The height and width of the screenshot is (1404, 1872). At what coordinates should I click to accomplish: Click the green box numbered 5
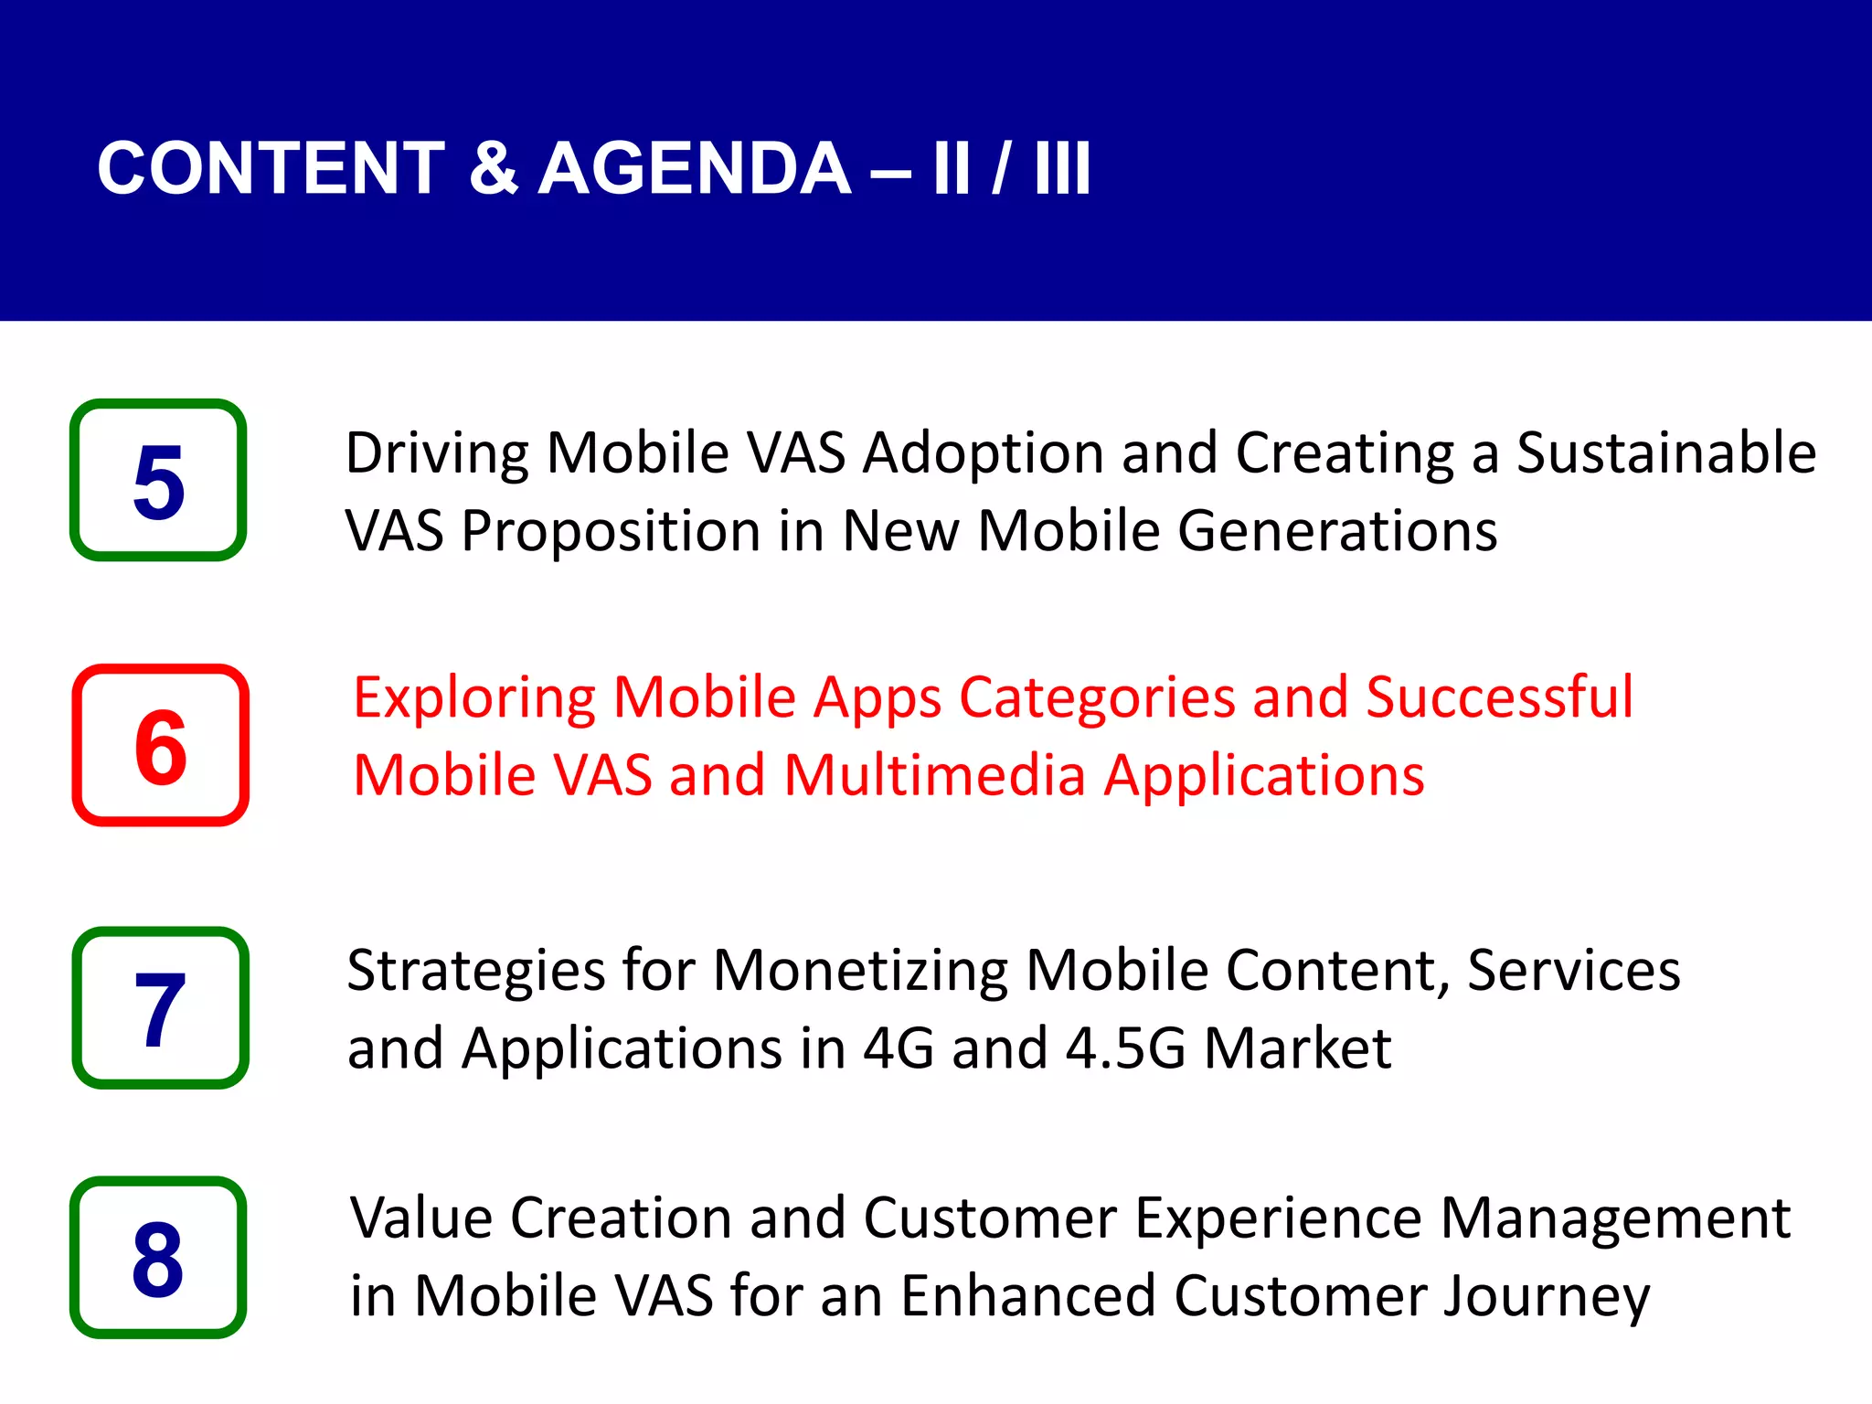click(x=158, y=480)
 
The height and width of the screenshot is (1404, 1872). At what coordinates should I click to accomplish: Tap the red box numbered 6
click(x=161, y=745)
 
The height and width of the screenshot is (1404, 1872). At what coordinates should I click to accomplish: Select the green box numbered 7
click(x=161, y=1007)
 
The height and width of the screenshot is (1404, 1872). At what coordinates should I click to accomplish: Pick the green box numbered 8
click(x=158, y=1257)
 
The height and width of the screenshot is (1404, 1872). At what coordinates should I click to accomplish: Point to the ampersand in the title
click(x=493, y=169)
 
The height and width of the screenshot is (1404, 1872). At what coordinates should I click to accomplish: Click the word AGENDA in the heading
click(x=695, y=169)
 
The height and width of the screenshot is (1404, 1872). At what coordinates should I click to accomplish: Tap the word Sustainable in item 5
click(x=1665, y=452)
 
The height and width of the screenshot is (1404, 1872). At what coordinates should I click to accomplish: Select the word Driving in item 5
click(x=437, y=454)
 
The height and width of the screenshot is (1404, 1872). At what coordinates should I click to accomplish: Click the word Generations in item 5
click(x=1337, y=531)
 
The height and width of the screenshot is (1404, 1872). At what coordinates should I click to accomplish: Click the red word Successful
click(x=1499, y=697)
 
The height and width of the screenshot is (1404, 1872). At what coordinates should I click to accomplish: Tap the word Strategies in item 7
click(x=475, y=971)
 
